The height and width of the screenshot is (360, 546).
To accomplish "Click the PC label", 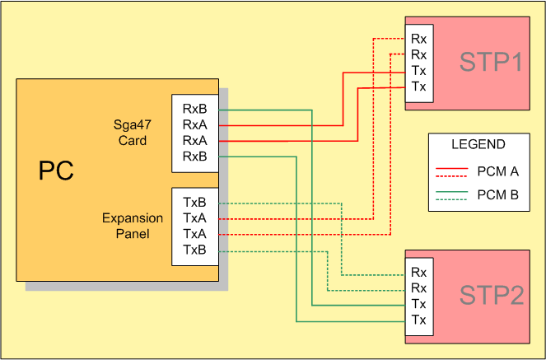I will (56, 171).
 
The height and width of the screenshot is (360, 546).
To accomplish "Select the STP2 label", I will (491, 296).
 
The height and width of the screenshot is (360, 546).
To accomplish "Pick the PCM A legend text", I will (497, 171).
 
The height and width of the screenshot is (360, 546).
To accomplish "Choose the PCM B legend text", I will (497, 195).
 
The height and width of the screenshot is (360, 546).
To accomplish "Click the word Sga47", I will (129, 124).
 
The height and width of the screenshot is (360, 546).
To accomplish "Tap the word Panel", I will (129, 234).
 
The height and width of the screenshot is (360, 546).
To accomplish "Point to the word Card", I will (129, 140).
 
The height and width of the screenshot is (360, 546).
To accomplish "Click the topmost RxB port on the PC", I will (195, 109).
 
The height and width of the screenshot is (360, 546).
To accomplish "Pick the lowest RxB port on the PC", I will (195, 156).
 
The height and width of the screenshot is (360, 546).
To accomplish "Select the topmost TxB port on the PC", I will (195, 203).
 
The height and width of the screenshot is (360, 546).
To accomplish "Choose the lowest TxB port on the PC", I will (195, 250).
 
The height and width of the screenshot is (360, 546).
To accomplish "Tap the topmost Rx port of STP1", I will (418, 38).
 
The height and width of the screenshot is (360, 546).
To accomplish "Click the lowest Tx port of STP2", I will (418, 320).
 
